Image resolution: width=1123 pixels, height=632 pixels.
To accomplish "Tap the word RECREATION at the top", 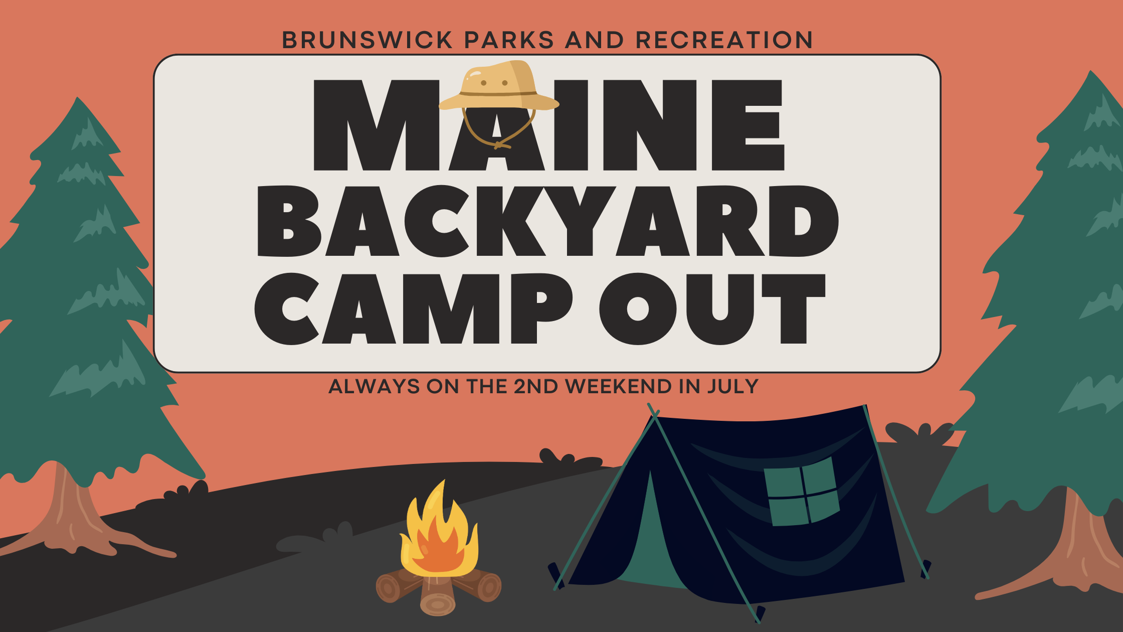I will pos(724,40).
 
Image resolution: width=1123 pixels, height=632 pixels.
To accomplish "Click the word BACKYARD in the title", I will pos(547,221).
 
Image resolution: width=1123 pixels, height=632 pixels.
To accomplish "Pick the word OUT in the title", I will pos(712,308).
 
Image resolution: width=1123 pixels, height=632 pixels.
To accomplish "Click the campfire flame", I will pos(439,537).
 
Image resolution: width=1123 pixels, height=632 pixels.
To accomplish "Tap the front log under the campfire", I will pos(437,599).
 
